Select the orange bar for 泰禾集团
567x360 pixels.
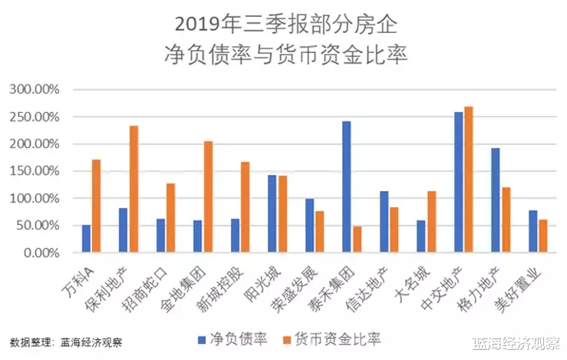click(358, 239)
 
